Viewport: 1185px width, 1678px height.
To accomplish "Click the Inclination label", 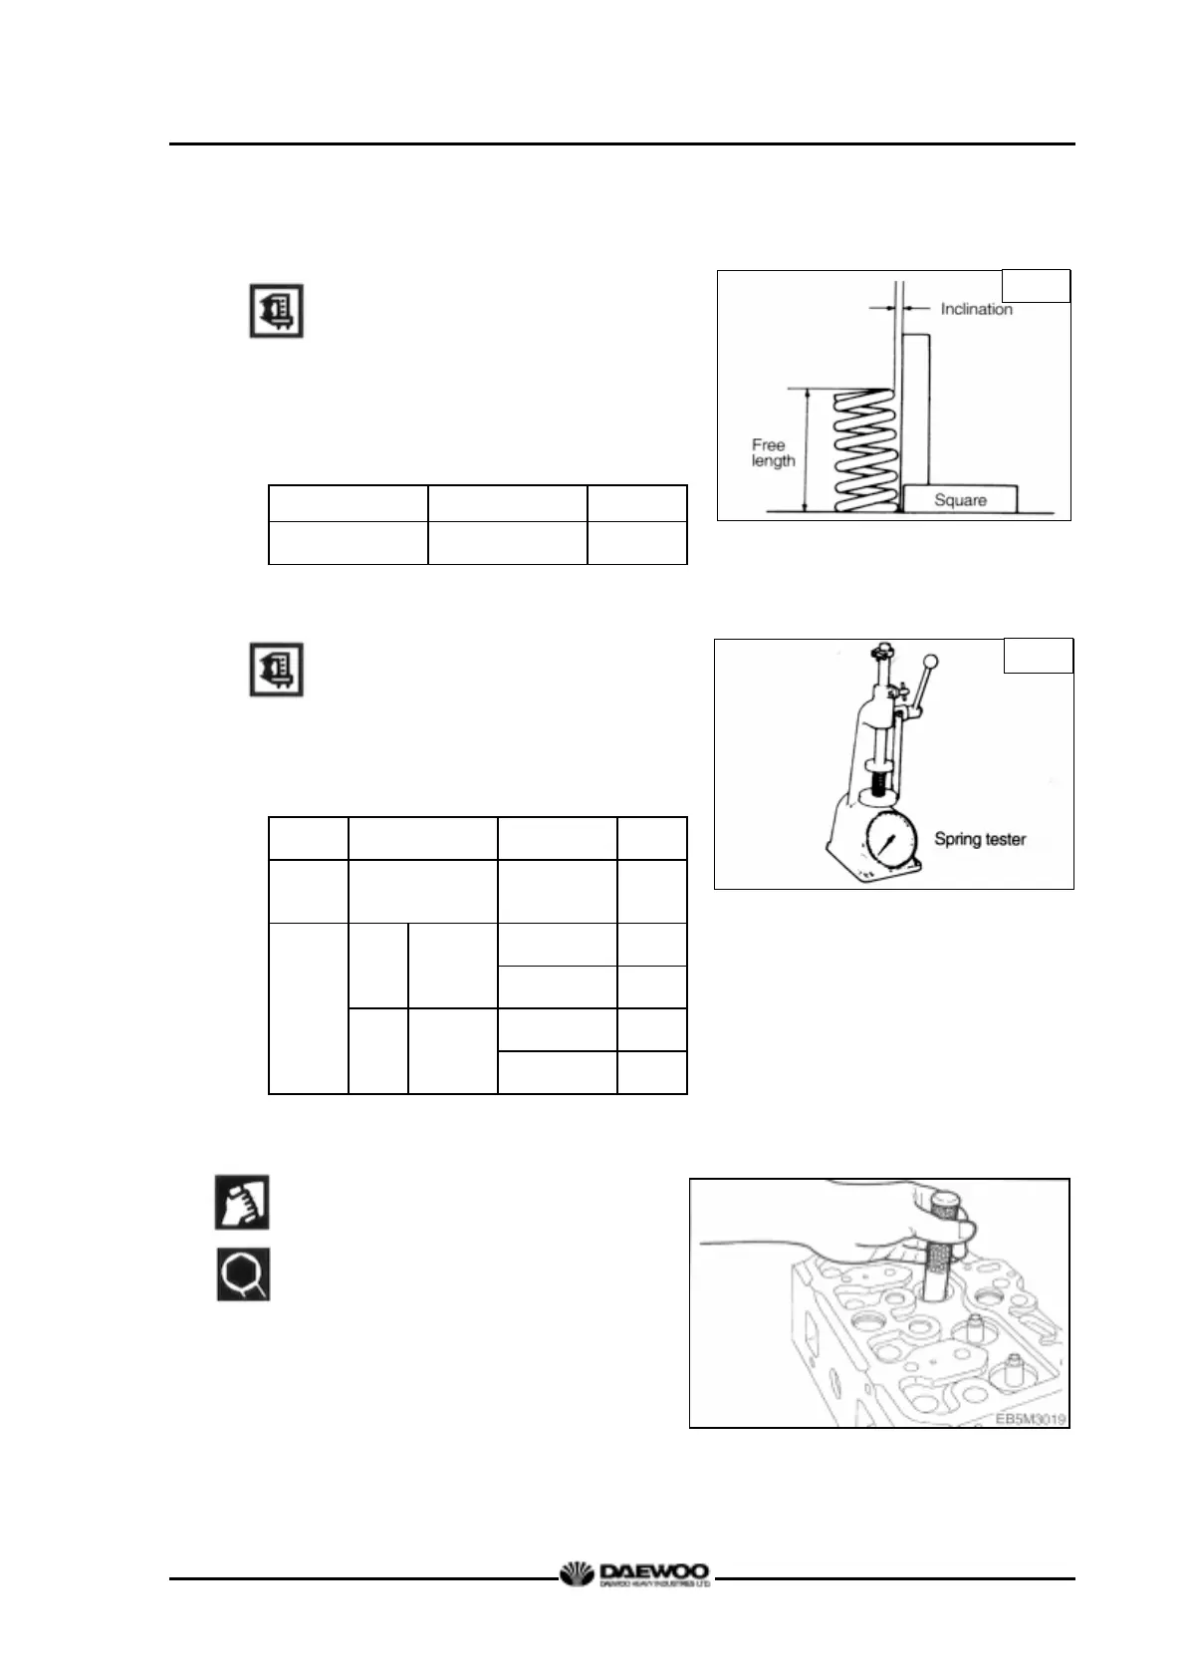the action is pos(976,309).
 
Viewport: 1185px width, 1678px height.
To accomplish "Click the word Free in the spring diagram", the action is pos(768,444).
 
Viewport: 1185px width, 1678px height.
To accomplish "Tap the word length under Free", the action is pos(773,461).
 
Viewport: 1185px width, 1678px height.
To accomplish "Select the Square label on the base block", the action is pos(960,500).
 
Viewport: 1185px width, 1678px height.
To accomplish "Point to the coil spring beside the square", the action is pos(861,450).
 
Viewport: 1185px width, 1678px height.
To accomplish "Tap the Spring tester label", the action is pos(979,839).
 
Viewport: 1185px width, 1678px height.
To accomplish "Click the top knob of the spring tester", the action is pos(878,652).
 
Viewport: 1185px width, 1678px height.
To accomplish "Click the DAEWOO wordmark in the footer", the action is pos(653,1571).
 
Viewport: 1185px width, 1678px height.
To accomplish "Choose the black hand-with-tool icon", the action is pos(242,1203).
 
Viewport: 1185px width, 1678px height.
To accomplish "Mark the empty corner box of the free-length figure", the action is pos(1035,286).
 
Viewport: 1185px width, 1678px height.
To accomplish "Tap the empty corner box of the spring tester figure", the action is pos(1038,656).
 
